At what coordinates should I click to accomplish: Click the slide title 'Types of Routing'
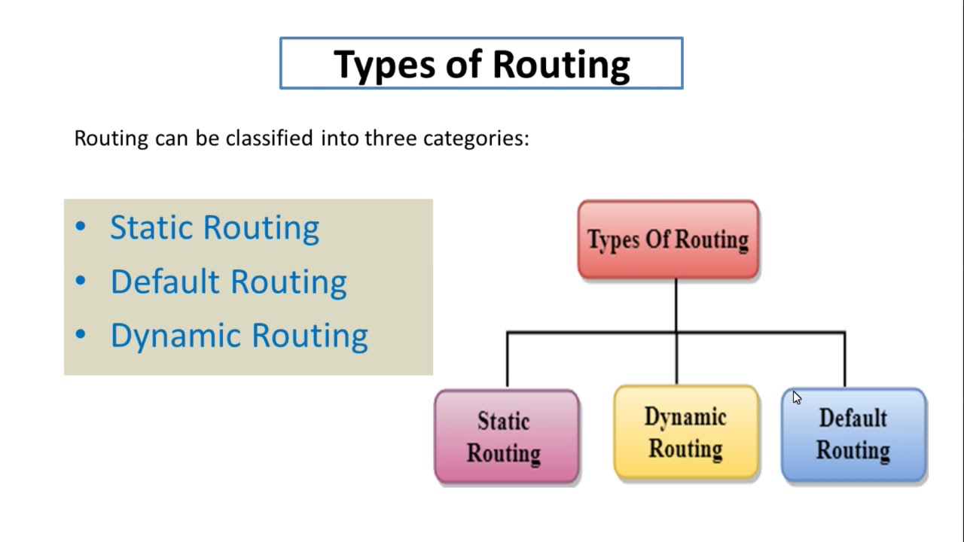click(481, 64)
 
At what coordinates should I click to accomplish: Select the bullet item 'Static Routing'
click(215, 227)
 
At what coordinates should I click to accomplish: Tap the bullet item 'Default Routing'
click(228, 282)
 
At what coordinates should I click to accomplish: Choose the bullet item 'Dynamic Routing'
click(239, 336)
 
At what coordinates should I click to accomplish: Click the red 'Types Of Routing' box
click(668, 239)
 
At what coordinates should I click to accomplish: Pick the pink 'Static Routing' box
click(506, 437)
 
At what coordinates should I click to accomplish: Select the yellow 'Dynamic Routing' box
click(686, 433)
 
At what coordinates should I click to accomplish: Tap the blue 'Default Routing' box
click(853, 435)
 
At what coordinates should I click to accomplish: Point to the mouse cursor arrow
click(797, 397)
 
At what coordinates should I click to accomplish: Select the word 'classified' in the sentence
click(270, 139)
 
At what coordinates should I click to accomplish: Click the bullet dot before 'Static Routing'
click(81, 227)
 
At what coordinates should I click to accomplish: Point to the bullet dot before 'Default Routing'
click(81, 281)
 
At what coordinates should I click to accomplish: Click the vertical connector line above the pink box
click(507, 360)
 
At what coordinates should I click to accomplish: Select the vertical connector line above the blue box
click(844, 360)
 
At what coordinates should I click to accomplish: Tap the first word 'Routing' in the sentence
click(111, 139)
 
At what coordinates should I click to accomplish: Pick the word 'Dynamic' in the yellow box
click(685, 417)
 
